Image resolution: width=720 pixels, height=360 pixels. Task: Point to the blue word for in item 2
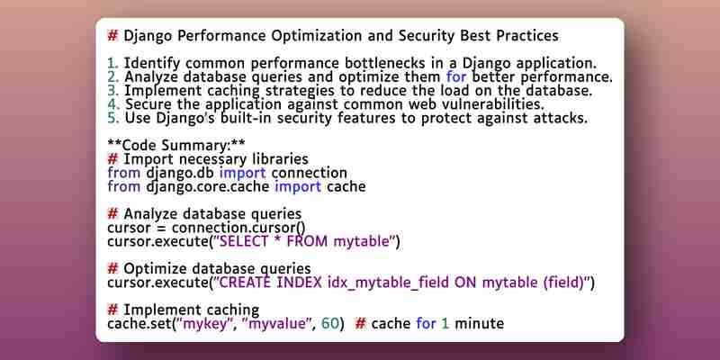(456, 76)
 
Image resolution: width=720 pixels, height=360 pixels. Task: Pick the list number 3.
(113, 91)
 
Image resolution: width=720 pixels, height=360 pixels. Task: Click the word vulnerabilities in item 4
(492, 103)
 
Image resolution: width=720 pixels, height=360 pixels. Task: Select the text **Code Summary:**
(176, 145)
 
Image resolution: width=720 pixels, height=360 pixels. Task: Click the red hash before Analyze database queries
(112, 214)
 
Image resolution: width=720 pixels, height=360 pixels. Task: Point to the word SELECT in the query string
(244, 241)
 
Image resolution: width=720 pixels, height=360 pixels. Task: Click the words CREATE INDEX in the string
(271, 283)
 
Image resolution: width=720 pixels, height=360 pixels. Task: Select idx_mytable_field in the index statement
(389, 283)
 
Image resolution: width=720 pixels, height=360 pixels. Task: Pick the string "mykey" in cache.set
(206, 324)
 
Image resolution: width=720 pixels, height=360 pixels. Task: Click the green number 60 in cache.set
(330, 324)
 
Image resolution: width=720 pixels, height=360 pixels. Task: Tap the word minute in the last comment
(480, 324)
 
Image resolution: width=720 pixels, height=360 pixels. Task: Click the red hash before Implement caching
(112, 310)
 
